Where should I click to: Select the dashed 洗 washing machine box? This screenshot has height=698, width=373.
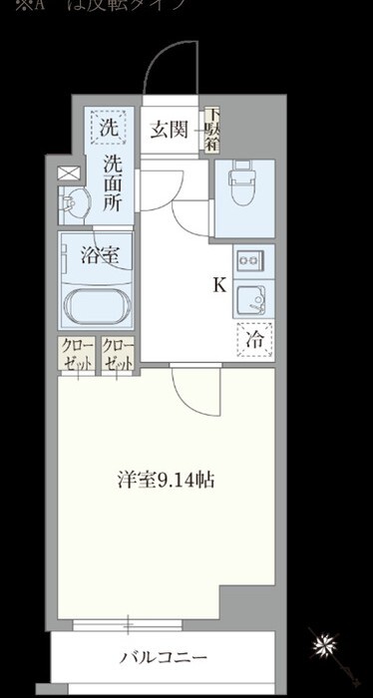pos(104,128)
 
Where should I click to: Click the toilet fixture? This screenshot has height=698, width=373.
pos(242,181)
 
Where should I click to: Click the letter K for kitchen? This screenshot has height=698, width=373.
pos(218,285)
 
